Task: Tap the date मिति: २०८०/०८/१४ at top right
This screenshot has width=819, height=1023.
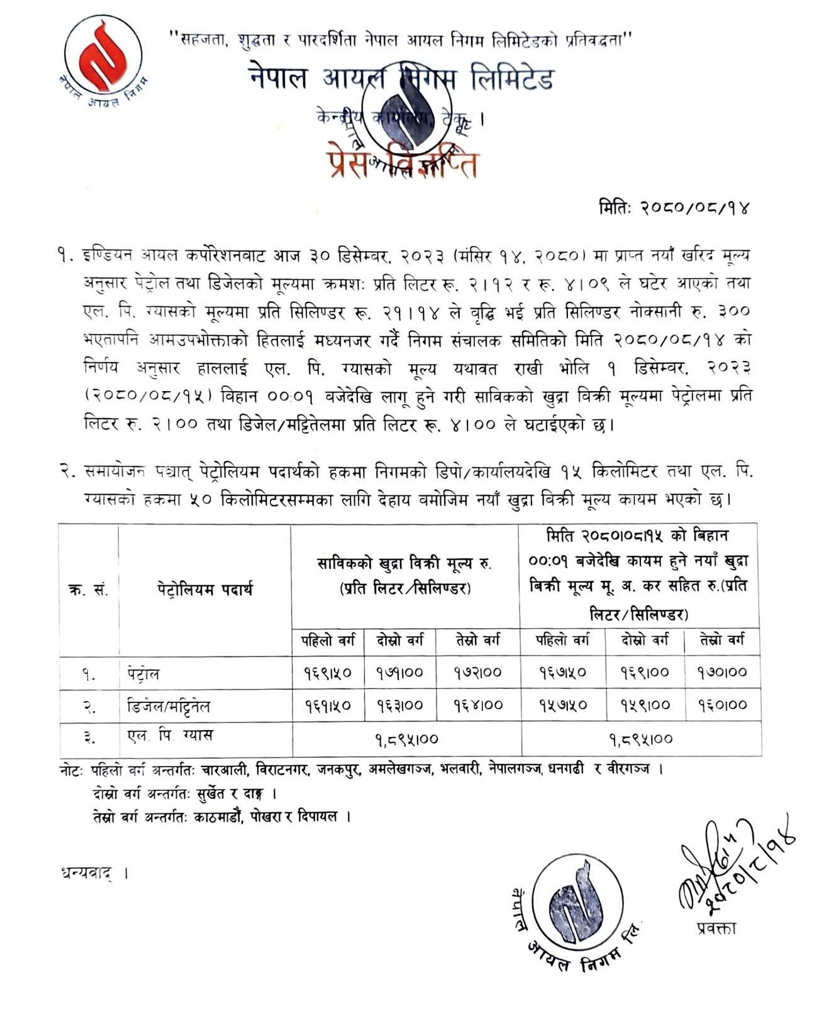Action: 674,207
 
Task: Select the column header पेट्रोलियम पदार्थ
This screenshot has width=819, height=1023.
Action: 204,590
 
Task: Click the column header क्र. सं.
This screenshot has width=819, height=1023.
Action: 88,590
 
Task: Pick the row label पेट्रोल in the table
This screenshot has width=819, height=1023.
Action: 142,674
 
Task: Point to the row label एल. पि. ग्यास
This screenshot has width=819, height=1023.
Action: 169,736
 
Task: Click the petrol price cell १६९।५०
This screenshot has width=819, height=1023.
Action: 328,673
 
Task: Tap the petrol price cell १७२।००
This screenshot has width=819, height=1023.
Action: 477,673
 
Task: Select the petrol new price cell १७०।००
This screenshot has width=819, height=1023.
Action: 721,673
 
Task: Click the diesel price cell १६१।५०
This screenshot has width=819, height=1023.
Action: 328,705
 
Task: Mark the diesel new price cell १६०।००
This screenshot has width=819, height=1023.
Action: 721,705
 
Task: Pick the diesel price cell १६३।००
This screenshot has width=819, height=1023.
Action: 400,705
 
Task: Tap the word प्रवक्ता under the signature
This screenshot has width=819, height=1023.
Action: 716,928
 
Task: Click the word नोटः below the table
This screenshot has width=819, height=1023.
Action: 73,769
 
